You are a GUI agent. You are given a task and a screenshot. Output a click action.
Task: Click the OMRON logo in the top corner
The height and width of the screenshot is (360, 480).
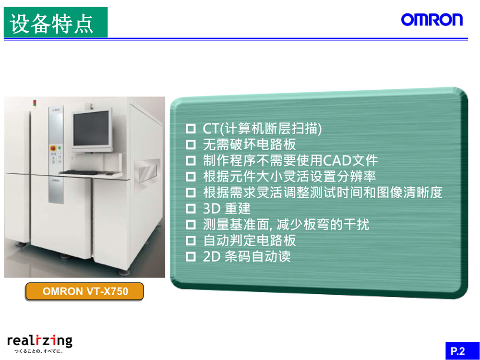point(432,20)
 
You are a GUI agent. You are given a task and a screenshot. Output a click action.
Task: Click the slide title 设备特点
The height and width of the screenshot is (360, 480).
point(51,24)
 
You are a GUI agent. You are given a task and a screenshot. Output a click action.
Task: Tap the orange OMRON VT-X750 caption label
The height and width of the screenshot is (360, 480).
point(84,291)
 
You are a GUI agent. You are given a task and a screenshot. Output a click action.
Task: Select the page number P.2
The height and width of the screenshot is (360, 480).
point(457,350)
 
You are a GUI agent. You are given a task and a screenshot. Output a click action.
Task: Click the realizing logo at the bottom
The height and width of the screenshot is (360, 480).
point(40,341)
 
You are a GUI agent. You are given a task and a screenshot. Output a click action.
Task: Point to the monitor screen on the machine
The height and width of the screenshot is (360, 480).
point(91,129)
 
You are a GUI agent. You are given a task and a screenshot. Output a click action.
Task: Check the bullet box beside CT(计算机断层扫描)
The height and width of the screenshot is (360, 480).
point(191,129)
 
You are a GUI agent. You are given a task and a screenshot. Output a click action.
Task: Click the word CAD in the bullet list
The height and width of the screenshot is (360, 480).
point(336,160)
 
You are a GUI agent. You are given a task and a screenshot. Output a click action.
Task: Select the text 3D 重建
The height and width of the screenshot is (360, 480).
point(227,209)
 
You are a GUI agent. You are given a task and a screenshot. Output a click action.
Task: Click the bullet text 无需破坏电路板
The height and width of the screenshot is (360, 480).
point(250,144)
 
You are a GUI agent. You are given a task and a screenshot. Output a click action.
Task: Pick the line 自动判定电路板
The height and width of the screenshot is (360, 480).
point(250,241)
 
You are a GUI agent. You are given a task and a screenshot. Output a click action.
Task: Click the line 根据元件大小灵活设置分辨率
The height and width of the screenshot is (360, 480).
point(289,177)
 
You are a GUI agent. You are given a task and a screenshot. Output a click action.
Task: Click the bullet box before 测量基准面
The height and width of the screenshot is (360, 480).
point(191,225)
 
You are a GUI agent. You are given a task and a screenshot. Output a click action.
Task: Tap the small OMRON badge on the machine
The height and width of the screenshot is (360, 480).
point(55,180)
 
